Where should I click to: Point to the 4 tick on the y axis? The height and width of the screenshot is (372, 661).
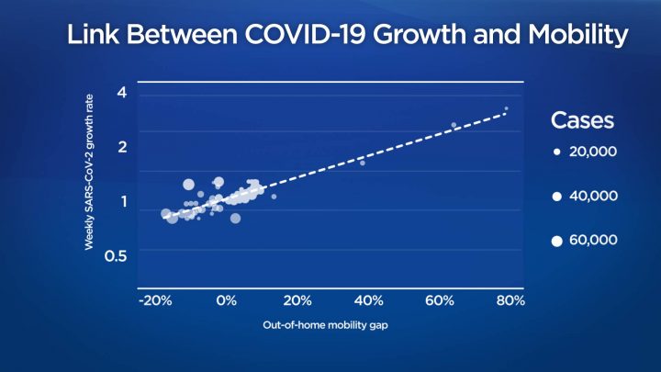point(121,92)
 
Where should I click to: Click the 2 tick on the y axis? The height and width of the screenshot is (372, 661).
point(121,145)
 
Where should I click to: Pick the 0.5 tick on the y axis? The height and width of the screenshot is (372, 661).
point(115,254)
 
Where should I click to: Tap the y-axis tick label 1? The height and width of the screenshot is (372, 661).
point(122,201)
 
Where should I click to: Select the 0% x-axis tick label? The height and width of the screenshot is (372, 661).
point(227,301)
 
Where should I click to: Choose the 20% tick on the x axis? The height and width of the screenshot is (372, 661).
point(297,301)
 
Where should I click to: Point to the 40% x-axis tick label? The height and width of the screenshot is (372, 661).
point(368,301)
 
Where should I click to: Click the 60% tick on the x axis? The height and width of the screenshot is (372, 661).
point(440,301)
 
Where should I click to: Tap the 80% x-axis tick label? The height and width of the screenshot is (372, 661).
point(510,301)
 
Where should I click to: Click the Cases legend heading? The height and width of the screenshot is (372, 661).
point(582,120)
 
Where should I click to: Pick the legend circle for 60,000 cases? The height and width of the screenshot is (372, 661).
point(556,240)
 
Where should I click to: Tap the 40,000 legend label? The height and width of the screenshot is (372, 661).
point(593,196)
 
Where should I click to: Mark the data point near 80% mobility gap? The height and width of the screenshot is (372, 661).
point(506,109)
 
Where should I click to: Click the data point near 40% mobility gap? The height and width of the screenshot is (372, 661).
point(362,163)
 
